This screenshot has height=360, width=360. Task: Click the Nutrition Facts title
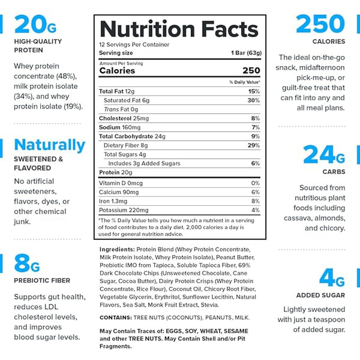(x=178, y=28)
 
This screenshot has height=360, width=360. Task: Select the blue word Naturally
(x=50, y=145)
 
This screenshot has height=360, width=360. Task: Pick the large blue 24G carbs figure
(x=325, y=155)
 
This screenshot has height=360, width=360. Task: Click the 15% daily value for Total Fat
(x=254, y=91)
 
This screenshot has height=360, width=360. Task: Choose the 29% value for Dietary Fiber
(x=253, y=145)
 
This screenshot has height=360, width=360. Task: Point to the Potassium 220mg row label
(x=124, y=210)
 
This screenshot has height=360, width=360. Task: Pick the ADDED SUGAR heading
(x=320, y=295)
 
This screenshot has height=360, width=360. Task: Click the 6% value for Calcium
(x=255, y=192)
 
